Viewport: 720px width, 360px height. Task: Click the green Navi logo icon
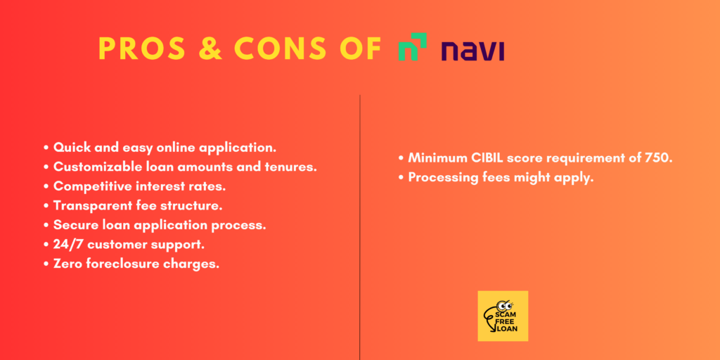click(412, 47)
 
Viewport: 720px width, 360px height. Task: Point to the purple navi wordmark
click(473, 50)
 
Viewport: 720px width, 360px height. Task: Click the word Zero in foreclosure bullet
click(67, 264)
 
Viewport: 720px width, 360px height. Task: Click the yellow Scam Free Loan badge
click(503, 316)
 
